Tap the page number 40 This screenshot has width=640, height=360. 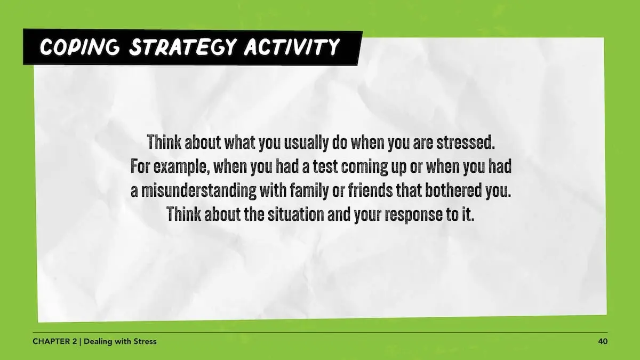tap(603, 341)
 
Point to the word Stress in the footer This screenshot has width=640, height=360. tap(144, 341)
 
